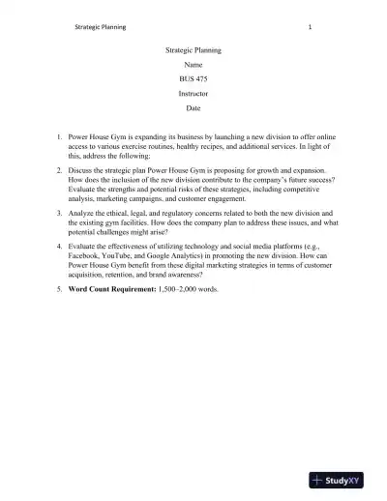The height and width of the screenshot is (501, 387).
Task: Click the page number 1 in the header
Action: point(309,27)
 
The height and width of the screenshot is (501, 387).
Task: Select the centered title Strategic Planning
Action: point(193,47)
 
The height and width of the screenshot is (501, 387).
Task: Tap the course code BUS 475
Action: point(193,77)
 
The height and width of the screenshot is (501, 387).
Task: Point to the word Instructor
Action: point(193,93)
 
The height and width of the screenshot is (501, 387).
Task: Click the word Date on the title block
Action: point(193,108)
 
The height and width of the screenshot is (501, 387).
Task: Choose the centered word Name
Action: point(193,63)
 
